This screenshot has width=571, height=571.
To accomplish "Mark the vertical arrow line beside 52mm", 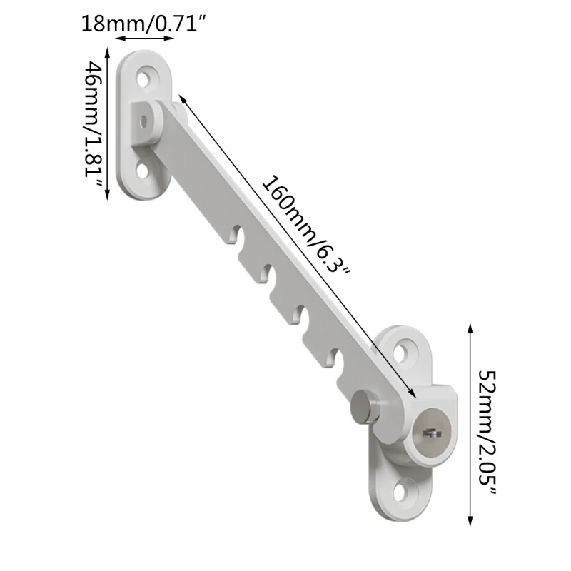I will tap(469, 425).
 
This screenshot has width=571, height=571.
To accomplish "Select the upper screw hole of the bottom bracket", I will tap(407, 351).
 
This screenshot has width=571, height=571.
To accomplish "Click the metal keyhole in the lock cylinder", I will tap(430, 432).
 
